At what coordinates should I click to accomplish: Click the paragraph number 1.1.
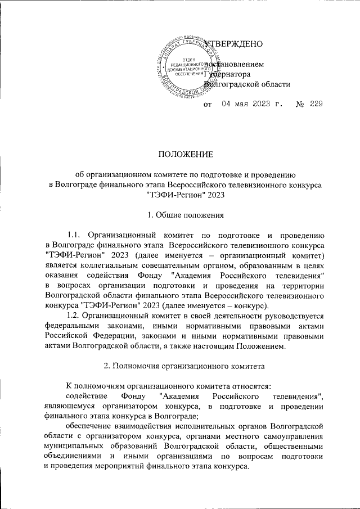click(75, 235)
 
